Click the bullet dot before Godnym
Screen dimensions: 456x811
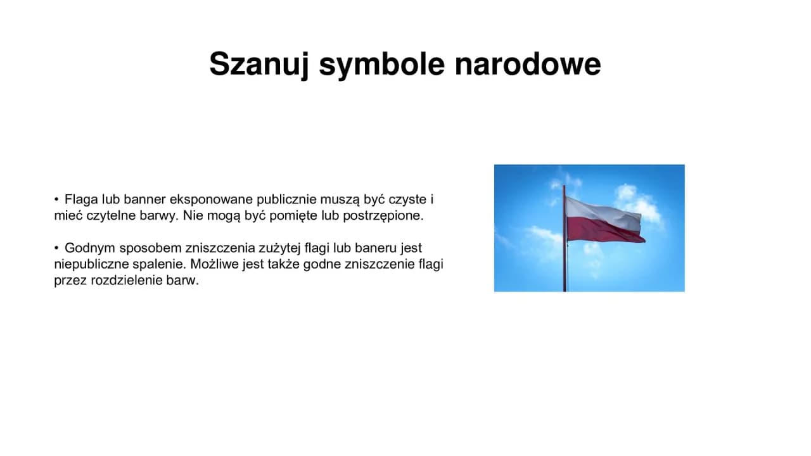[x=57, y=248]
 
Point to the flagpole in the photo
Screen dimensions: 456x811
[x=564, y=266]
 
